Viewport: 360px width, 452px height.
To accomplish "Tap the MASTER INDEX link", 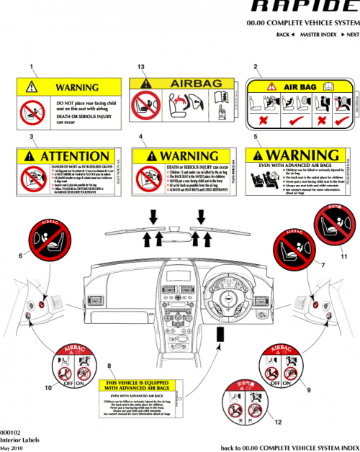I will tap(318, 35).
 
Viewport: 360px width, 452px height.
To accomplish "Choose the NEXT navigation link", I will tap(350, 35).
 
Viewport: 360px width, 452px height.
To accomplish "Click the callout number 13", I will tap(142, 67).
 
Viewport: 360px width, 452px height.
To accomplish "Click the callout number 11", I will tap(343, 255).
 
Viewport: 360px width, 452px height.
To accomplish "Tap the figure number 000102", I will tap(11, 431).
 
